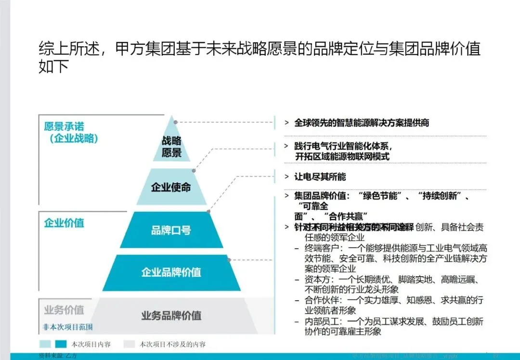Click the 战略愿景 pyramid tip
(171, 146)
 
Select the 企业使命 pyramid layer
(171, 187)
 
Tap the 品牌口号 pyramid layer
(171, 230)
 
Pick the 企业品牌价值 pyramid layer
(171, 272)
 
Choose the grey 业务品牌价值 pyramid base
(171, 316)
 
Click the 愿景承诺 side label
(64, 127)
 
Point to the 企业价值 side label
(64, 223)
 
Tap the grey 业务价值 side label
(64, 309)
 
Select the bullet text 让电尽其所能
(320, 177)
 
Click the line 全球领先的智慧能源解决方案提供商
(362, 123)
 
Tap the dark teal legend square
(61, 345)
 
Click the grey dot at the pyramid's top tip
(176, 122)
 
